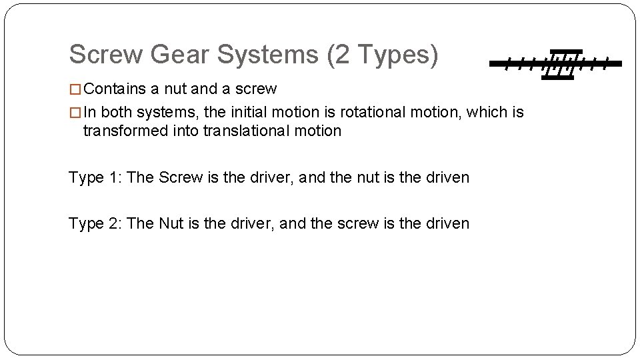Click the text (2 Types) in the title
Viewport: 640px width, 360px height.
(x=383, y=55)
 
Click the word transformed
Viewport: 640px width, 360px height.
(x=125, y=131)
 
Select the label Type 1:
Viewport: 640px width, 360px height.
(x=95, y=177)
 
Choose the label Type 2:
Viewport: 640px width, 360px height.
(x=95, y=223)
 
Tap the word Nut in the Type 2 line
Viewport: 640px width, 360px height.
(x=171, y=223)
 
